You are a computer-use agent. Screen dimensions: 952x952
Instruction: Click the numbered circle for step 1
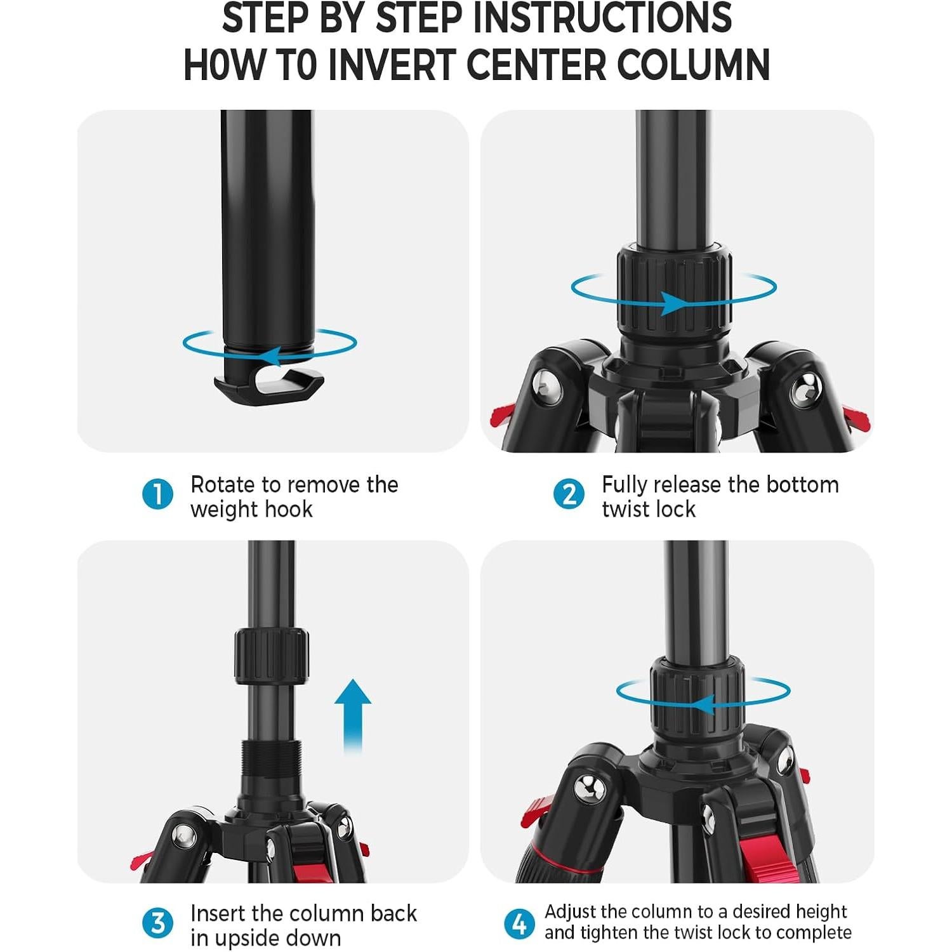(x=157, y=494)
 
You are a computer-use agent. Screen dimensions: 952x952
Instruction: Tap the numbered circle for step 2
(x=569, y=494)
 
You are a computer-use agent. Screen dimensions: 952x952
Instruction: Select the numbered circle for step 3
(x=157, y=923)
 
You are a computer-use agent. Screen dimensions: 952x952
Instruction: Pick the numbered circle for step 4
(x=519, y=923)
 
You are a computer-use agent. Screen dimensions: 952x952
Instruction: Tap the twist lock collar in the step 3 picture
(x=271, y=657)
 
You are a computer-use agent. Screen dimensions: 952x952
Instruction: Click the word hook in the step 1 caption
(x=288, y=510)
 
